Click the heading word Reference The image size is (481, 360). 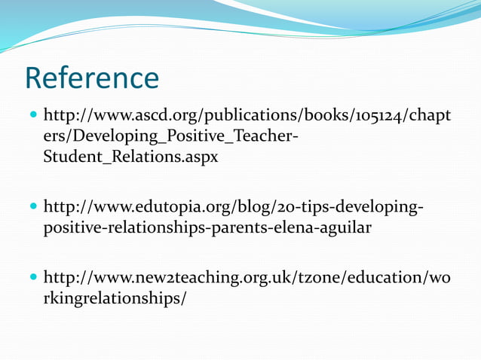coord(91,78)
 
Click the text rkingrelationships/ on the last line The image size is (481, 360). coord(116,299)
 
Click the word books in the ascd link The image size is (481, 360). coord(304,117)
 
